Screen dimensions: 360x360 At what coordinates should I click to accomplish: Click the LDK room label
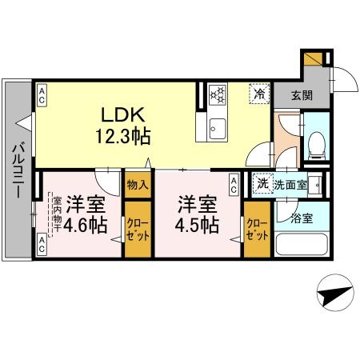pos(114,114)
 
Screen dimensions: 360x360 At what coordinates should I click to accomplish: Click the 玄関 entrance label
pos(302,94)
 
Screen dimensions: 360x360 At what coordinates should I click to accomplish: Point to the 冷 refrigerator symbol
pos(259,92)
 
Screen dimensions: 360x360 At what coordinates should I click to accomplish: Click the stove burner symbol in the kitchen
pos(218,94)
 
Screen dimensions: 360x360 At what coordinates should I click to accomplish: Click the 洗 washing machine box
pos(262,184)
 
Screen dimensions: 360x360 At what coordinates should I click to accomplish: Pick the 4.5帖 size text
pos(198,225)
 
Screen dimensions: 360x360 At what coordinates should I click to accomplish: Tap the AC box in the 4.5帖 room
pos(233,186)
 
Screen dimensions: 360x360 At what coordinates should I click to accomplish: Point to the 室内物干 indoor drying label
pos(57,216)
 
